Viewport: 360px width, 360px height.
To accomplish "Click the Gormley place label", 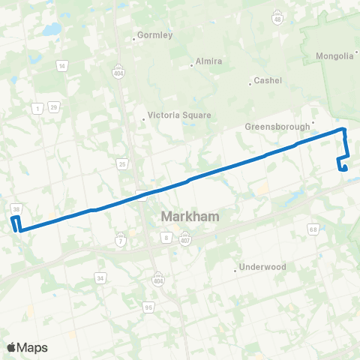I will (156, 35).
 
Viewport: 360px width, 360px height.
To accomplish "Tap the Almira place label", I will (208, 61).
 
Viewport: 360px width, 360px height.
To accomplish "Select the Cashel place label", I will (268, 80).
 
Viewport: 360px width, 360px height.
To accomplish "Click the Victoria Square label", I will (180, 115).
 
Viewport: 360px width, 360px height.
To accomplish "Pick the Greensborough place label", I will (277, 127).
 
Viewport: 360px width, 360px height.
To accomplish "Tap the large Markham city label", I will (190, 217).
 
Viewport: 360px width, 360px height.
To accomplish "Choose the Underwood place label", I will (262, 267).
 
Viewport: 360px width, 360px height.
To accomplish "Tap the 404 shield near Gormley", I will (118, 54).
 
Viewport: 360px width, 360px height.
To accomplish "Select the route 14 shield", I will (61, 67).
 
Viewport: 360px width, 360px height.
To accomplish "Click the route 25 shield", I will (121, 163).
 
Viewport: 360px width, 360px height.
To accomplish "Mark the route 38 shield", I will (16, 208).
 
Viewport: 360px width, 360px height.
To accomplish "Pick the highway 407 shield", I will (185, 238).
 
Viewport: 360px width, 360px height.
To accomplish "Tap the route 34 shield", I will (100, 278).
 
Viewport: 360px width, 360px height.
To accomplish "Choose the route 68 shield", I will (313, 229).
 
